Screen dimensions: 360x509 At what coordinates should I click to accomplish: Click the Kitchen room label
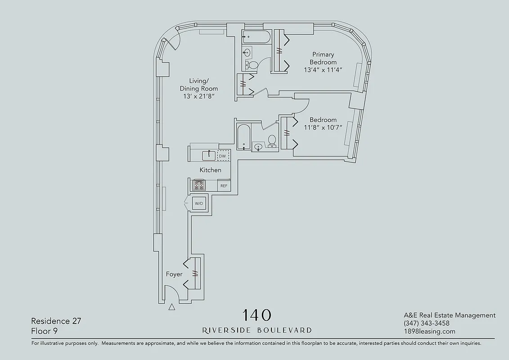210,170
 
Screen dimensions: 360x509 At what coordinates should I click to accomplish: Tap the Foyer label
174,274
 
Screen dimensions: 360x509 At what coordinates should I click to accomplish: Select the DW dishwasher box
222,156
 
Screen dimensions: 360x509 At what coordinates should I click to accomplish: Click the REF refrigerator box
223,185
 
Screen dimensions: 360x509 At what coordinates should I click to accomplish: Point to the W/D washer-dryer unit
199,203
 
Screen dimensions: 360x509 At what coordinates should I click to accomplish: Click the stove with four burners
198,184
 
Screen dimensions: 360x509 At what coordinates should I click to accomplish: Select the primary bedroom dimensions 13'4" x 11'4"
323,70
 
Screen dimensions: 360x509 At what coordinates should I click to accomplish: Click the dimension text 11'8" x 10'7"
323,127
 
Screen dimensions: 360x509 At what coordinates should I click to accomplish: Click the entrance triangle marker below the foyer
171,308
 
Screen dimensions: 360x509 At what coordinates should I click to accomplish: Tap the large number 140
257,315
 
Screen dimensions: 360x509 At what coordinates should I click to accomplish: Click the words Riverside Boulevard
257,330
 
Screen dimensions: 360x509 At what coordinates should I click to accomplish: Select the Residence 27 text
56,321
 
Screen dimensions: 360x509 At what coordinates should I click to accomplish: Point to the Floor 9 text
45,331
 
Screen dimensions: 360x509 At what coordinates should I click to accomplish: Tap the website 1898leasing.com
429,332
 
